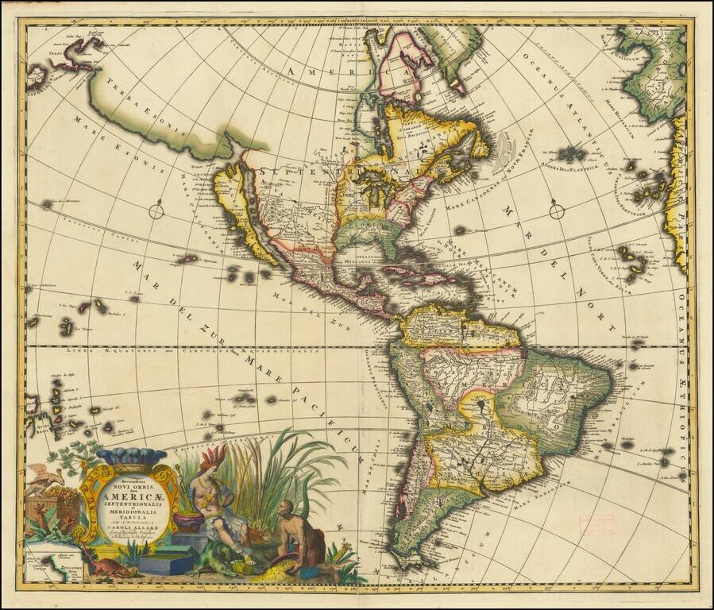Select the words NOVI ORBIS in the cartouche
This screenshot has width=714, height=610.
pyautogui.click(x=127, y=482)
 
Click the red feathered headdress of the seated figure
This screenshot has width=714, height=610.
pyautogui.click(x=214, y=457)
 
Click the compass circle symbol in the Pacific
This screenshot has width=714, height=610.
pyautogui.click(x=156, y=210)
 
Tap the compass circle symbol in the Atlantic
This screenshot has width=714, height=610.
pyautogui.click(x=556, y=210)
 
